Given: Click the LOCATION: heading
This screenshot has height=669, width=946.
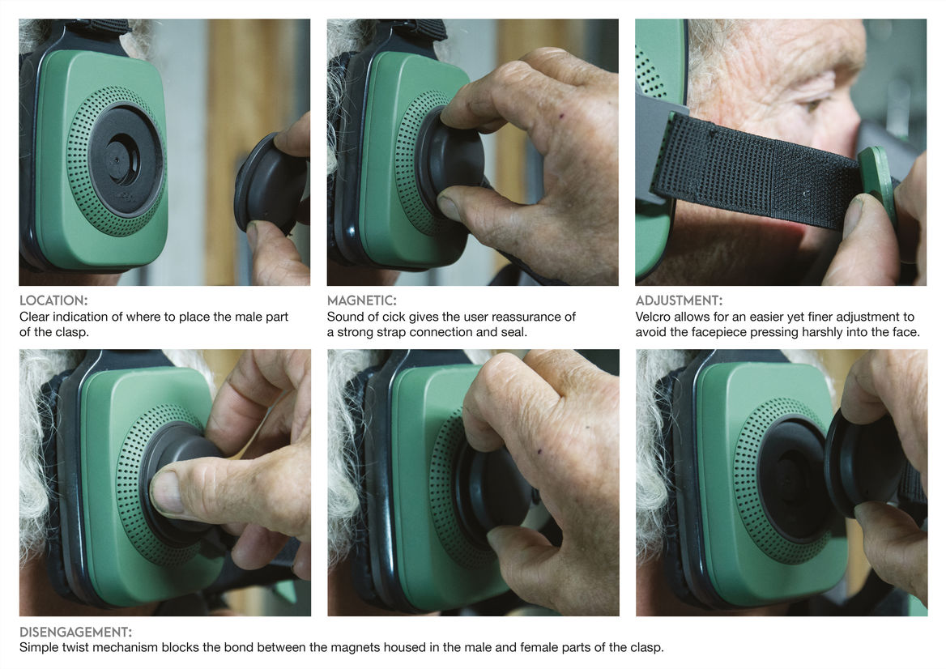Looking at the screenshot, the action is point(53,300).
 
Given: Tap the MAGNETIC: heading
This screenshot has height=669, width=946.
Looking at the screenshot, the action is point(361,300).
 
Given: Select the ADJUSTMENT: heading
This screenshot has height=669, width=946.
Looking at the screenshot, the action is point(679,300).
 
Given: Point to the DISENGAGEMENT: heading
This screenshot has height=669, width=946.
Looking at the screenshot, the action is point(75,633).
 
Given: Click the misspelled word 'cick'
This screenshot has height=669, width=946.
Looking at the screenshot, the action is point(394,317).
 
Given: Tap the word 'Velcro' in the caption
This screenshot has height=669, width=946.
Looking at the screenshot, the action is point(653,317).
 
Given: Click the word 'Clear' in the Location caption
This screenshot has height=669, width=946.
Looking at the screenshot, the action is point(34,317).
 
